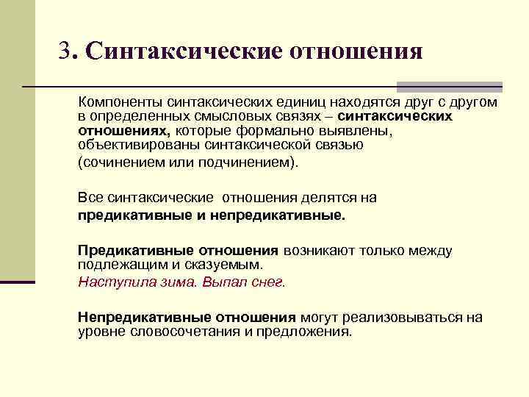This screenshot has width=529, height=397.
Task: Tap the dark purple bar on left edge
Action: pos(18,281)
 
